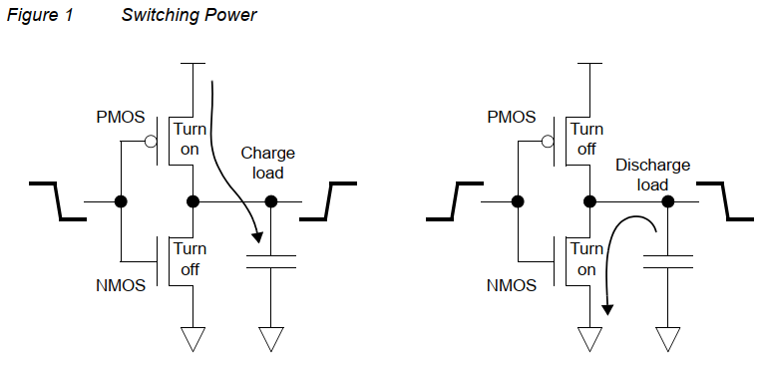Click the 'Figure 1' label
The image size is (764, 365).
click(35, 16)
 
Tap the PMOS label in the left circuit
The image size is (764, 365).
click(122, 118)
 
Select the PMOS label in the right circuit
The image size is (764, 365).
click(513, 118)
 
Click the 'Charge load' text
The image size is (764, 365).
click(267, 163)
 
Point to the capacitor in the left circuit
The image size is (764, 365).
click(270, 261)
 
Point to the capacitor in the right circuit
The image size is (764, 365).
click(667, 261)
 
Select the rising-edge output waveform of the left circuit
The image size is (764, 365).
click(328, 200)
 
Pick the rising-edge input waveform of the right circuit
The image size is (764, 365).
click(455, 200)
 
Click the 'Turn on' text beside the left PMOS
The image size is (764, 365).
click(190, 139)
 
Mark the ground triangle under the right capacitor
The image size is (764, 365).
click(667, 339)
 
